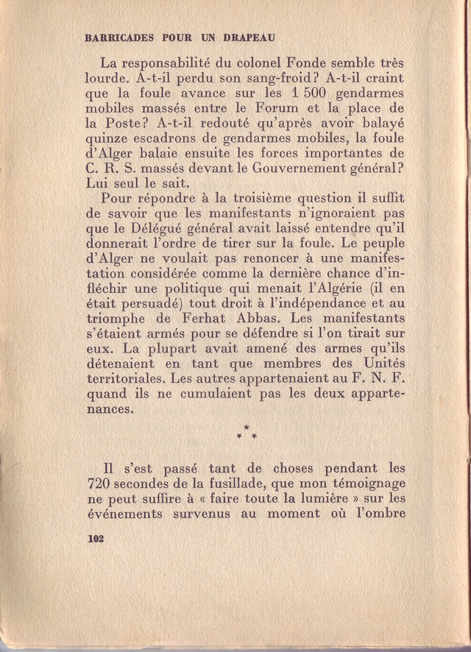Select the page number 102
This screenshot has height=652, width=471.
tap(94, 539)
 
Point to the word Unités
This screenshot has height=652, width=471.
tap(380, 364)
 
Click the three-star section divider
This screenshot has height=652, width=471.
tap(246, 433)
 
